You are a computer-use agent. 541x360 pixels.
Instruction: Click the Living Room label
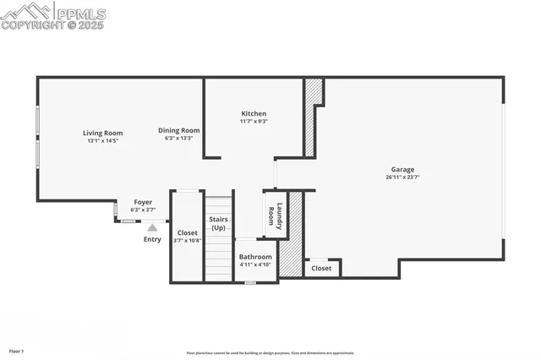pos(102,133)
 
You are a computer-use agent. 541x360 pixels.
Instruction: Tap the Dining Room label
pos(178,130)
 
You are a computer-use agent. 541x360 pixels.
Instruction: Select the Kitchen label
pos(254,113)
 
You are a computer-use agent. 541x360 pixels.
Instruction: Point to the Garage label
pos(402,169)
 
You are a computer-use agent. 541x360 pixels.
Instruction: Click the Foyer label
pos(143,202)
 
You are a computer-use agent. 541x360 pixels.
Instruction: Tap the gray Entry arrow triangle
pos(152,226)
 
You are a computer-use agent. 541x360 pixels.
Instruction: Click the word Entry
pos(152,239)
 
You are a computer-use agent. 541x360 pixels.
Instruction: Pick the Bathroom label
pos(255,257)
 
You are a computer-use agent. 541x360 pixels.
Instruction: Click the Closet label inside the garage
pos(321,269)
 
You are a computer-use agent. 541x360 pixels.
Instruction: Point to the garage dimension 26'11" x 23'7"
pos(402,177)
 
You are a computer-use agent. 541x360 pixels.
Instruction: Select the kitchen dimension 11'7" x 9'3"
pos(254,122)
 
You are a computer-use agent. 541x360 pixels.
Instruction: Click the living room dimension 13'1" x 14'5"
pos(102,140)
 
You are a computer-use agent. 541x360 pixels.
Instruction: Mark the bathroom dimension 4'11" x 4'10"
pos(255,265)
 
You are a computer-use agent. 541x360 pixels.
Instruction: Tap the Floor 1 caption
pos(17,350)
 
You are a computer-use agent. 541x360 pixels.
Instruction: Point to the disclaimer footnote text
pos(270,353)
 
